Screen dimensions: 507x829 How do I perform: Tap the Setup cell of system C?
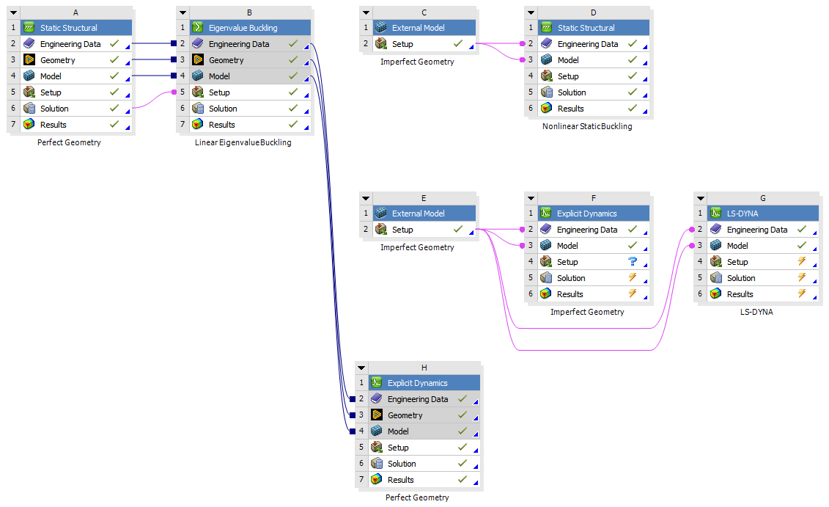pyautogui.click(x=402, y=44)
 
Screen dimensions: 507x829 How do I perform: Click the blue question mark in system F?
pyautogui.click(x=633, y=262)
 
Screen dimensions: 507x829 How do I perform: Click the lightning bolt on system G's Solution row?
pyautogui.click(x=801, y=278)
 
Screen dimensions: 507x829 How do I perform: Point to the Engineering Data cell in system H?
pyautogui.click(x=417, y=399)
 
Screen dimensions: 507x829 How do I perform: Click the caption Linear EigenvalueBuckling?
pyautogui.click(x=243, y=142)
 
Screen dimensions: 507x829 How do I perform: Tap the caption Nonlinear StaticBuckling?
pyautogui.click(x=587, y=126)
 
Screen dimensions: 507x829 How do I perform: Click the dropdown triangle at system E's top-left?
pyautogui.click(x=365, y=198)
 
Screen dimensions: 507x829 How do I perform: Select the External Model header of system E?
pyautogui.click(x=418, y=214)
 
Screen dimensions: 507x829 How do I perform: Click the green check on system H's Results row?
pyautogui.click(x=463, y=480)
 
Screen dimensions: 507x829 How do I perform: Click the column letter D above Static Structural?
pyautogui.click(x=593, y=12)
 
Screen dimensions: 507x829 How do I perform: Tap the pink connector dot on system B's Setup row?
pyautogui.click(x=174, y=92)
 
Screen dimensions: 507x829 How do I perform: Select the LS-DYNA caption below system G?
pyautogui.click(x=756, y=312)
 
